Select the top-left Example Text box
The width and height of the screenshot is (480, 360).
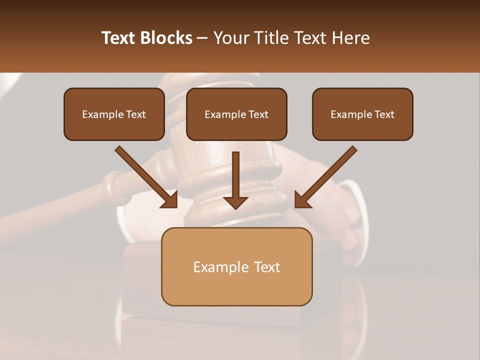click(x=114, y=114)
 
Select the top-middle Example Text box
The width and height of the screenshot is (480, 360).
click(x=236, y=114)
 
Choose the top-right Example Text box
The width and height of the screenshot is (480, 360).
click(x=362, y=114)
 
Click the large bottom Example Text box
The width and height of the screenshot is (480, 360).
click(x=236, y=267)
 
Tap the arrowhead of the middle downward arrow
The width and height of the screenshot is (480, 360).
click(x=235, y=202)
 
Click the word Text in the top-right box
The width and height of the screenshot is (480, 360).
click(x=383, y=114)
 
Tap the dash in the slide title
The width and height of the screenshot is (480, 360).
click(x=202, y=38)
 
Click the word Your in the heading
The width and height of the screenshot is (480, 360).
click(x=229, y=38)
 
